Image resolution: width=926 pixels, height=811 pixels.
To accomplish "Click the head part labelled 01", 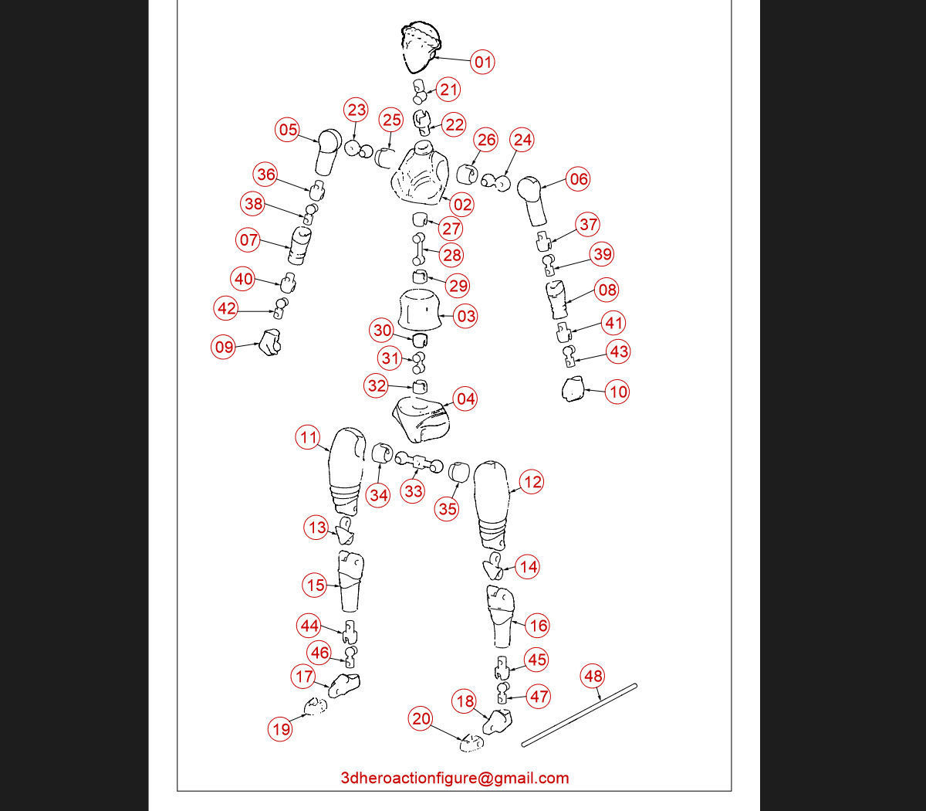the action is coord(421,47).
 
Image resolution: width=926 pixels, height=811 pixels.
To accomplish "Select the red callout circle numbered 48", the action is coord(593,677).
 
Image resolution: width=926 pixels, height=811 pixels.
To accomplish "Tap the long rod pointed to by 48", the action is coord(579,715).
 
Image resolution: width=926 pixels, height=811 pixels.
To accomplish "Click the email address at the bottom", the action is coord(455,778).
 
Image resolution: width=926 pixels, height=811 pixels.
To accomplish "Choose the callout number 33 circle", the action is coord(413,491).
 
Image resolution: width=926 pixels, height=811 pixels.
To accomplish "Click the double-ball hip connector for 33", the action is coord(419,463).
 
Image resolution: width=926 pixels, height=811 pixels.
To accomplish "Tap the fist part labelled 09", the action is coord(270,342).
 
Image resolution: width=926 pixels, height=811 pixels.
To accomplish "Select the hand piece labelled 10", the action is coord(573,389).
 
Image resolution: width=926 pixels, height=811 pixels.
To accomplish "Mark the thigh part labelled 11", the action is coord(347,470).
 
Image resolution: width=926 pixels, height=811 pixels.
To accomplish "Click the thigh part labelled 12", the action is coord(492,505).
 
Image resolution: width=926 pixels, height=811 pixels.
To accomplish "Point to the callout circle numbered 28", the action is coord(451,255).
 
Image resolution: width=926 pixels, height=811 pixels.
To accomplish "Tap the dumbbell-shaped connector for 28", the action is coord(418,249).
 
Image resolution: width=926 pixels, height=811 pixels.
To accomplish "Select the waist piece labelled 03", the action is coord(420,310).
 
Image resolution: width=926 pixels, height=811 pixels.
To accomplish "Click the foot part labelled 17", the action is coord(344,685).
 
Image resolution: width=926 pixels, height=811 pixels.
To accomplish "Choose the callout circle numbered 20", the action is coord(421,718).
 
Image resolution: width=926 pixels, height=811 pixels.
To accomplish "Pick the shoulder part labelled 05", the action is coord(329,152).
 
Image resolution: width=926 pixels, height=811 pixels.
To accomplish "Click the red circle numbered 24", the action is coord(522,140).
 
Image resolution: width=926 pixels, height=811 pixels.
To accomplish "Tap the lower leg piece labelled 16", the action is coord(500,616).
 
